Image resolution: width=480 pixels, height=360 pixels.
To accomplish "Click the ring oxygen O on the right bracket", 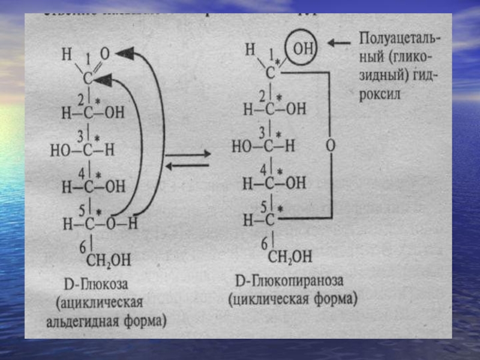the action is click(330, 145).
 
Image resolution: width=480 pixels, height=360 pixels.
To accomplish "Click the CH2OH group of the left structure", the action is click(110, 260).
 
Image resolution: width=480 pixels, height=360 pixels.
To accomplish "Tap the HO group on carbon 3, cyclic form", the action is click(242, 146).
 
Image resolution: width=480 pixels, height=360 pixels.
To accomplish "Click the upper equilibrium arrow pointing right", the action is click(188, 154).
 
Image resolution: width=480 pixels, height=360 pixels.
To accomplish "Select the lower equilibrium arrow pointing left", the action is click(188, 166).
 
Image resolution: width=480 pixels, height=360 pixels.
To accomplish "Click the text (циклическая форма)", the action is click(292, 298).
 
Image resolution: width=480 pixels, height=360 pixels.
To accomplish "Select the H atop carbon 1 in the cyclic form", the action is click(250, 49).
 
